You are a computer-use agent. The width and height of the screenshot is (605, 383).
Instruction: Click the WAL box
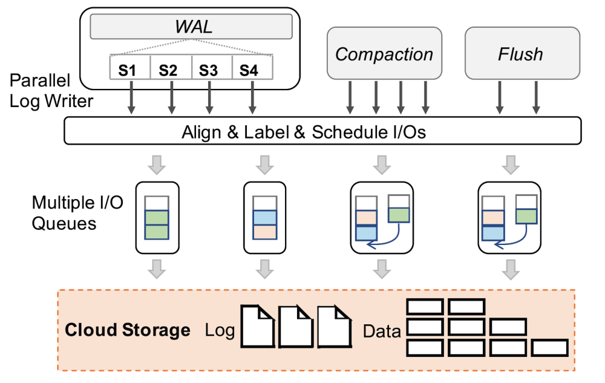click(x=191, y=26)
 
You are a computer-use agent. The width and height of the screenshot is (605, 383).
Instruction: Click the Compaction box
click(x=384, y=54)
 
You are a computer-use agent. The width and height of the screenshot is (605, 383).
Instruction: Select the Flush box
click(x=521, y=54)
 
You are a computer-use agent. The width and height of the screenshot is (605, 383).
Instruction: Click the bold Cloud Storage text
click(x=127, y=330)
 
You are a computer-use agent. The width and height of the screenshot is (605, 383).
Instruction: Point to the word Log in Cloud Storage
click(x=220, y=331)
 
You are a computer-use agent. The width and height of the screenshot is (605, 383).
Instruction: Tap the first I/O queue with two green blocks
click(x=156, y=217)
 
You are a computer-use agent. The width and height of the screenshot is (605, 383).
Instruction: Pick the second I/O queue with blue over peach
click(x=264, y=217)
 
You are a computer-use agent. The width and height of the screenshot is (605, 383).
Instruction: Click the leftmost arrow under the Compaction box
click(x=350, y=97)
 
